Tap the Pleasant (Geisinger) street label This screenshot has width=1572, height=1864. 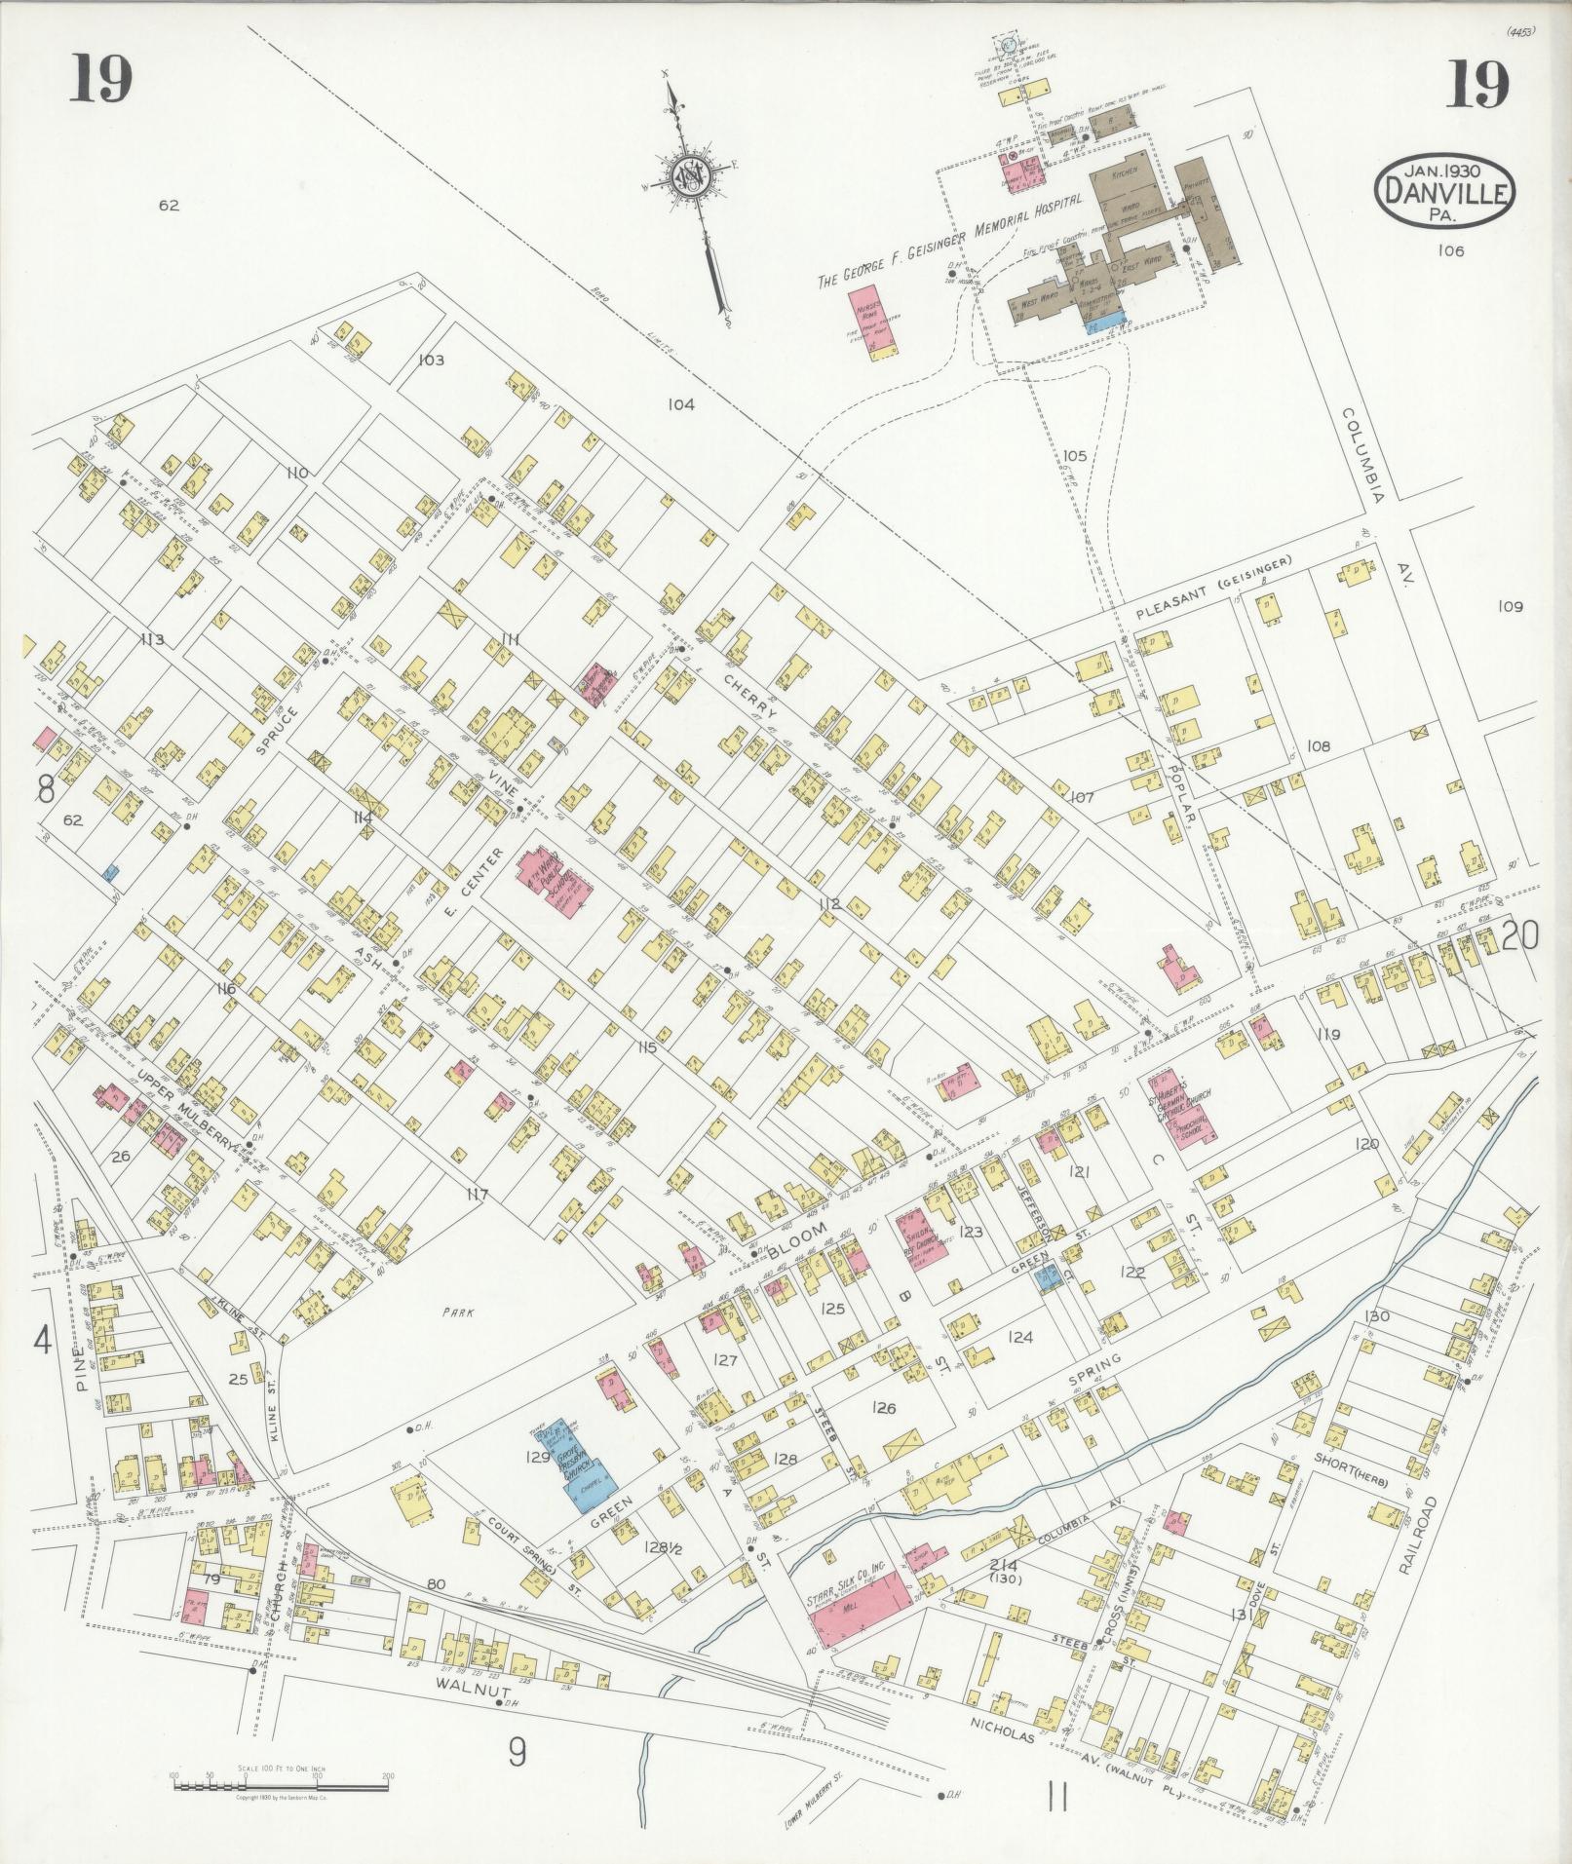point(1212,589)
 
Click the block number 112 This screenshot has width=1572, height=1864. point(828,904)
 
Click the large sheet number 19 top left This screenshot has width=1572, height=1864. point(100,83)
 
